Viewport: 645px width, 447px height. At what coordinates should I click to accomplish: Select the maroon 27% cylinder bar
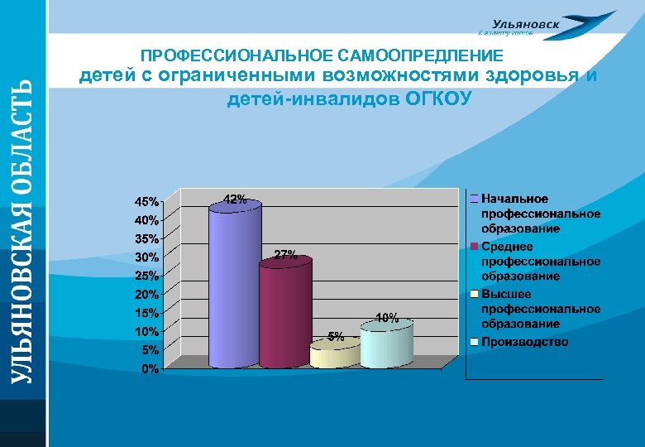284,313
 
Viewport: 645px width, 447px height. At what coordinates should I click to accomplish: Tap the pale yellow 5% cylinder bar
334,355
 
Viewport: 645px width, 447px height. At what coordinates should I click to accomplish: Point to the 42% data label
235,199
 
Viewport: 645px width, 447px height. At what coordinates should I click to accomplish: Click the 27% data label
285,255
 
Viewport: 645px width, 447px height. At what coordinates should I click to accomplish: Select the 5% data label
336,336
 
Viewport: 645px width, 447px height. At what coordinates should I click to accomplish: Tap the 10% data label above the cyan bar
387,317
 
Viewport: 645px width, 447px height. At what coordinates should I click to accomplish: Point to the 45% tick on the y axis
148,202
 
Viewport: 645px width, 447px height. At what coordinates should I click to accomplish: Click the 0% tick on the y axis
151,368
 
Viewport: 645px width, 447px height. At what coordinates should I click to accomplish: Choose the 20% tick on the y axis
148,295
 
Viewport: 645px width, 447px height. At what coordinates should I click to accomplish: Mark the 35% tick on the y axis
148,238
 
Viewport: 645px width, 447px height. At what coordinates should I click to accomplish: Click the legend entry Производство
524,342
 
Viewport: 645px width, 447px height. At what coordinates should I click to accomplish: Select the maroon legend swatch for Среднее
474,247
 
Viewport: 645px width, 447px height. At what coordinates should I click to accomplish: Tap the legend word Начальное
514,199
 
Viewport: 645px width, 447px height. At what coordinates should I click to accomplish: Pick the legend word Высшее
506,294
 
